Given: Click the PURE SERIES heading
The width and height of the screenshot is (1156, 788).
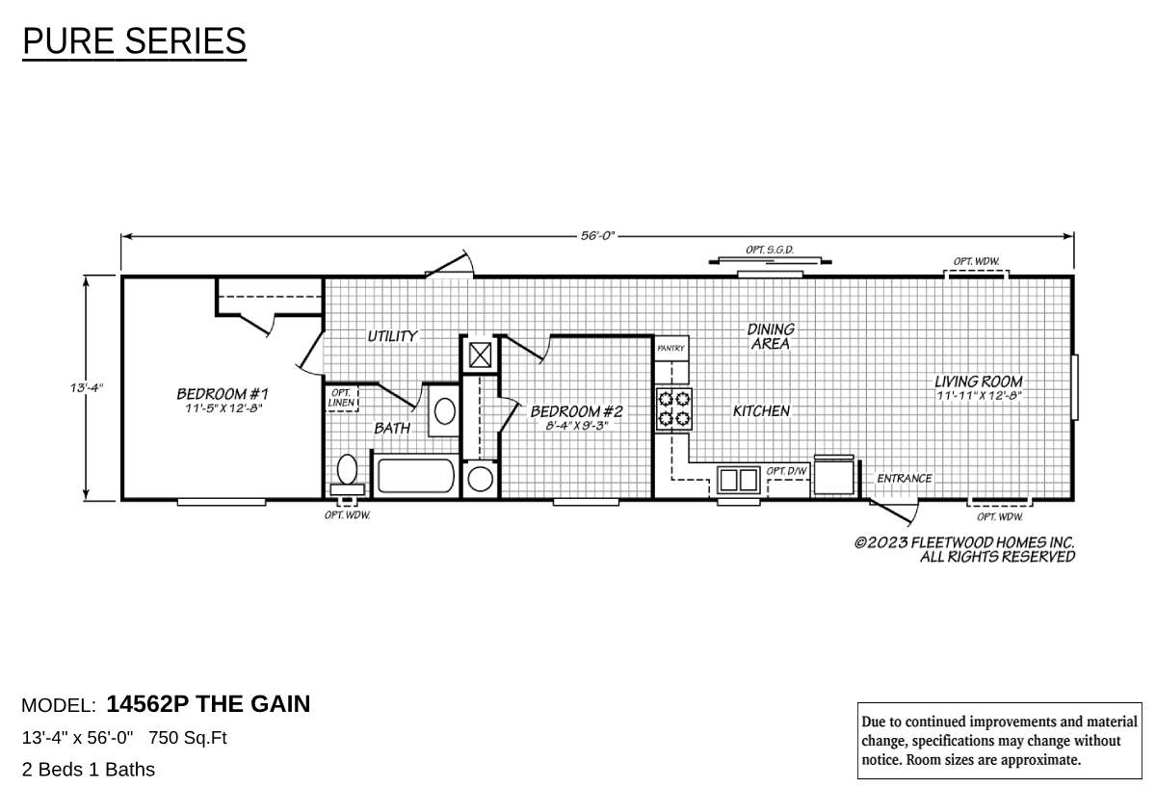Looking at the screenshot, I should point(134,42).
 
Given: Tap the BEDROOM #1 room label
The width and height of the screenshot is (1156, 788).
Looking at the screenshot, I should point(222,394).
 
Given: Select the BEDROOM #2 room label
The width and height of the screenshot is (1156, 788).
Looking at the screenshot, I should point(576,411).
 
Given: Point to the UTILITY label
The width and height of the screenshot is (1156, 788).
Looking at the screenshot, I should point(392,336).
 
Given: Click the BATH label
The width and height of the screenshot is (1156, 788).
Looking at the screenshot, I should point(392,428).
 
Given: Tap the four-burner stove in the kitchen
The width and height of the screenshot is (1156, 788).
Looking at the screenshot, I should point(673,408).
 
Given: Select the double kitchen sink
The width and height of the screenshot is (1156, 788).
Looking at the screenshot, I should point(739,479).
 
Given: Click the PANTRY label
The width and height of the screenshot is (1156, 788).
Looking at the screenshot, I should point(670,348).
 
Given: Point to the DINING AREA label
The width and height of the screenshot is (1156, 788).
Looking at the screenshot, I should point(771,336).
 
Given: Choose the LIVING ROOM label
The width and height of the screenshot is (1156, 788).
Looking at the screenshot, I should point(978,381).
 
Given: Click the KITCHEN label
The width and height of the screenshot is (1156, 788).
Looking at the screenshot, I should point(761,411).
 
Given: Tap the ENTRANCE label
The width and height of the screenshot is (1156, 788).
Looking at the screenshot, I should point(904,479).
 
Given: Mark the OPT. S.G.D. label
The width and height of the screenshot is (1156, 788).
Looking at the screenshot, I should point(769,250).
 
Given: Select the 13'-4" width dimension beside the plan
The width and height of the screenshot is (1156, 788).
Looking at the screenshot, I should point(86,387).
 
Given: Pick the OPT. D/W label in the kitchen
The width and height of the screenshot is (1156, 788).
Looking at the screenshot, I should point(786,471).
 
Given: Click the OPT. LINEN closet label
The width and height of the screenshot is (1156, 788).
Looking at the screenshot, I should point(341,398).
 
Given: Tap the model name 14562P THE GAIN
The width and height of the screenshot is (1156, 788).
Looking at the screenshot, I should point(208,704).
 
